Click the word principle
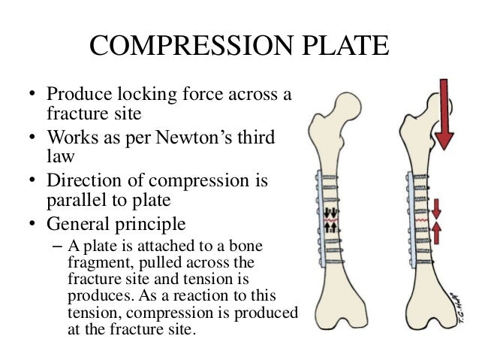152,224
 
